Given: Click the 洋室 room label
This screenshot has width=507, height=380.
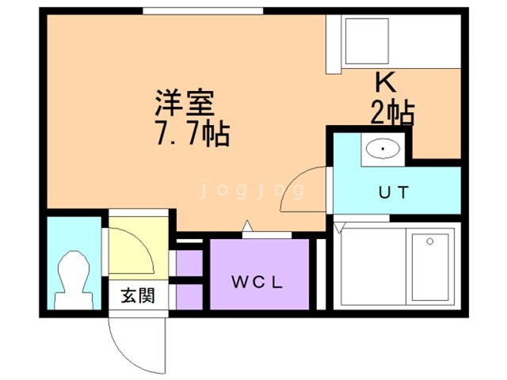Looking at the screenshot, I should (185, 103).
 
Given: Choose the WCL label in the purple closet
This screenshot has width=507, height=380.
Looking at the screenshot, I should (257, 282).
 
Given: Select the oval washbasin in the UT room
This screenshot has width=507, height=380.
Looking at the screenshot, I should (383, 148).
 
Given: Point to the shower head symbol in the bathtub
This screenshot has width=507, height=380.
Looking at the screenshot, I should (429, 241).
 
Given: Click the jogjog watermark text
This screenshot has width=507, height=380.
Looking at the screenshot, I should (252, 191).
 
